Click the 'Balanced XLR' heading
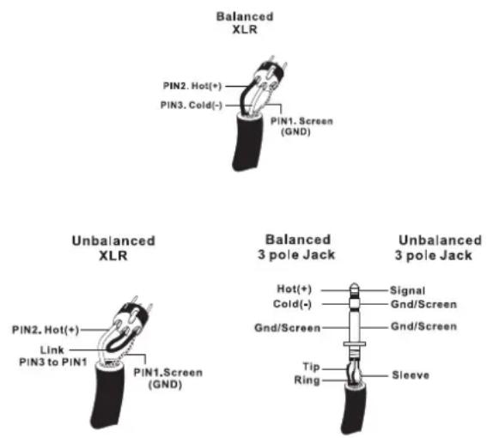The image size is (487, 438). click(245, 23)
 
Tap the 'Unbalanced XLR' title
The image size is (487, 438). click(113, 248)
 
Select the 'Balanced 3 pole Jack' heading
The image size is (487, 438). click(297, 247)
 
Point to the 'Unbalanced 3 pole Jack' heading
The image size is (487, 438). click(439, 248)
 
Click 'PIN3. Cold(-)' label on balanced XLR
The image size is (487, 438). click(192, 106)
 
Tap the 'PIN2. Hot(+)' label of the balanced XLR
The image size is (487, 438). click(192, 86)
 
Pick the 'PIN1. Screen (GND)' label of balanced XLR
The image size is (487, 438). click(301, 126)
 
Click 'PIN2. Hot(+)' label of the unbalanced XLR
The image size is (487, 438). click(46, 330)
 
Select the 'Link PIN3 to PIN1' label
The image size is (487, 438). click(53, 356)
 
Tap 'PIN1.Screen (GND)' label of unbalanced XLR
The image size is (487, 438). click(168, 379)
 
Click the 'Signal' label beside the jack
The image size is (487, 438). click(407, 290)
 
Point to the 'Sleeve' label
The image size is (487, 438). click(411, 375)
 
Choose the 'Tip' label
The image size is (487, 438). click(311, 367)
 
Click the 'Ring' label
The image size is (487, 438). click(307, 380)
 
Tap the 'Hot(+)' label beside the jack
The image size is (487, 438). click(294, 289)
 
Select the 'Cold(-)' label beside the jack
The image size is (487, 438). click(292, 304)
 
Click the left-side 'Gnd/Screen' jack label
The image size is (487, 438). click(287, 328)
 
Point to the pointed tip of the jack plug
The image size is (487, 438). click(354, 283)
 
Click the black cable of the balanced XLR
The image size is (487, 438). click(247, 142)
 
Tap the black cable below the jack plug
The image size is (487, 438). click(354, 409)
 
